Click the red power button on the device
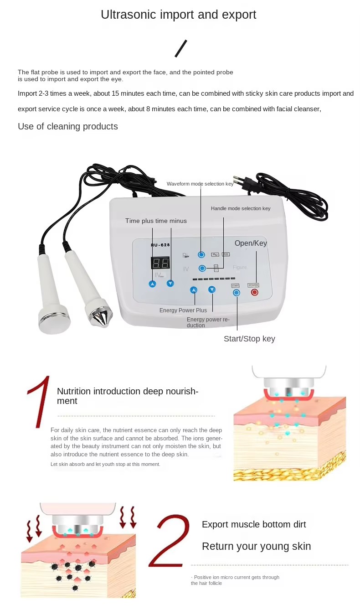[254, 292]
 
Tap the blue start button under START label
[236, 293]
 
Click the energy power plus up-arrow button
[194, 290]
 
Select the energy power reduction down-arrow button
[212, 289]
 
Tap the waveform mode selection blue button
[201, 255]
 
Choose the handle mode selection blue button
[202, 268]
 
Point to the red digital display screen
[160, 263]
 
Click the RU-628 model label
[160, 245]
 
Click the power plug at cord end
[244, 182]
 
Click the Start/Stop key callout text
[249, 339]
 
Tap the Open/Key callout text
[251, 243]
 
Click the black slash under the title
[181, 49]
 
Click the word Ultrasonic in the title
[129, 15]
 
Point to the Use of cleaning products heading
[68, 126]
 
